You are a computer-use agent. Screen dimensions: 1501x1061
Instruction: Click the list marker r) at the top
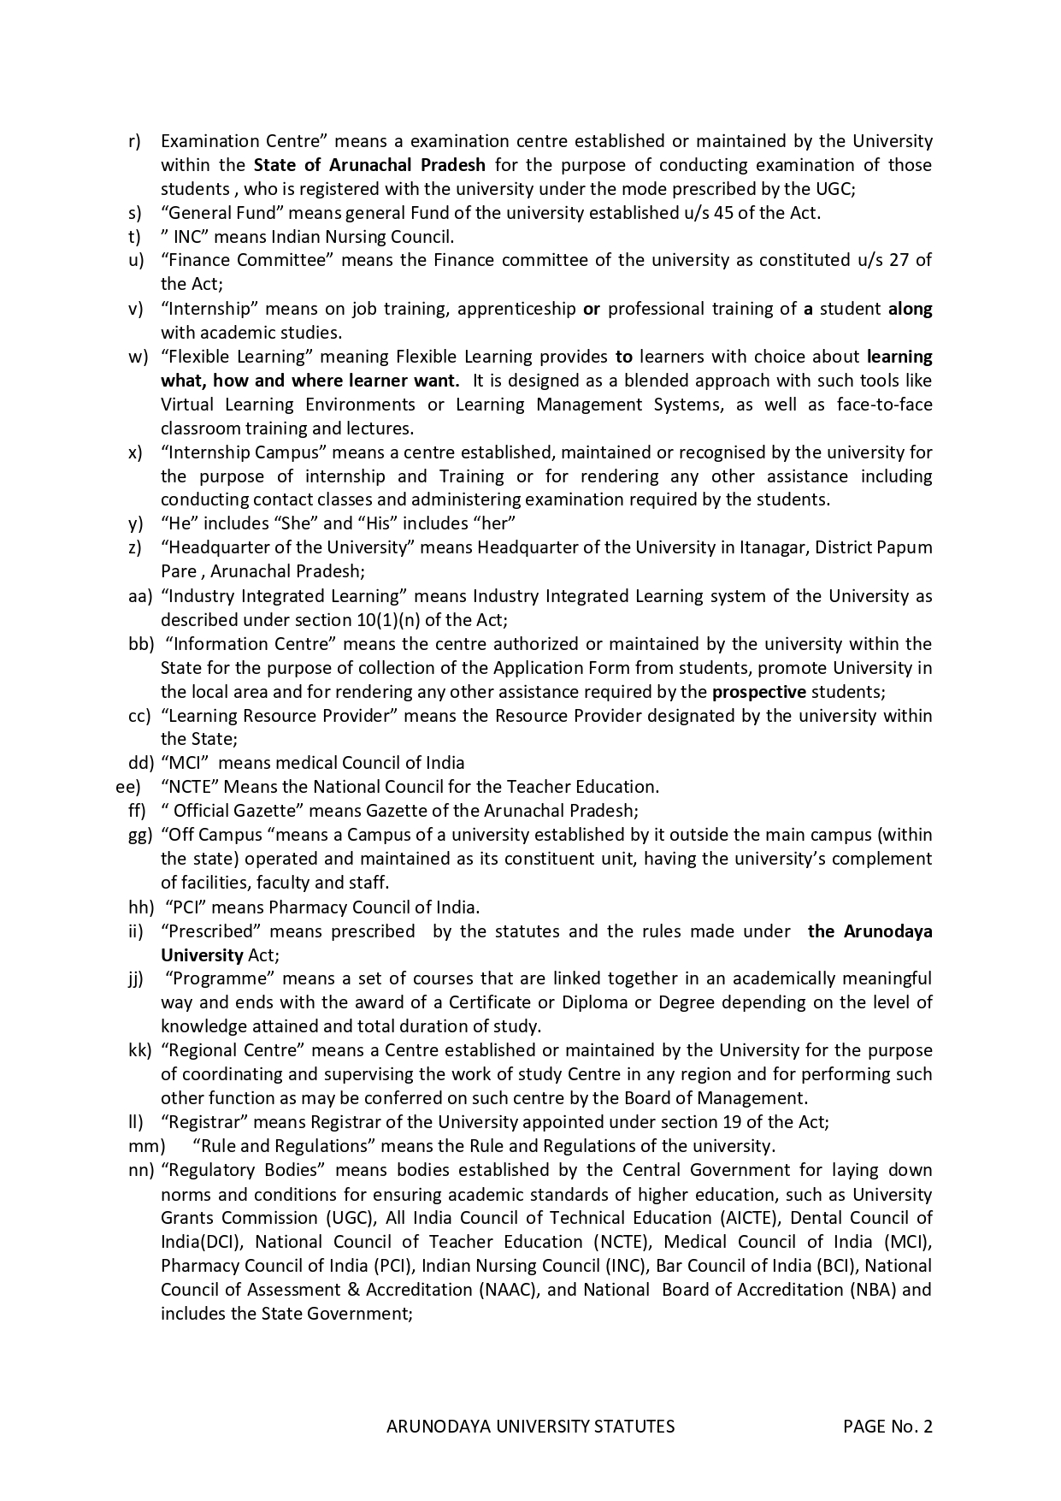[x=134, y=141]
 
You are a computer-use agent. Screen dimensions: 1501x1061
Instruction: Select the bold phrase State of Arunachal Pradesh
[x=369, y=165]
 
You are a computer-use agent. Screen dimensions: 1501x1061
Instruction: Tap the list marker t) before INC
[x=134, y=237]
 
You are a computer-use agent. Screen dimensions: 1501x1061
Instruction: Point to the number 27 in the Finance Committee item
[x=899, y=260]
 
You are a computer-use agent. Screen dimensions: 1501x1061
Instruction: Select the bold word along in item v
[x=910, y=309]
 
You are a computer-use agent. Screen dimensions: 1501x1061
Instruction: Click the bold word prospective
[x=758, y=692]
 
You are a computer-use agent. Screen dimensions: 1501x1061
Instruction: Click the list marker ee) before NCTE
[x=128, y=787]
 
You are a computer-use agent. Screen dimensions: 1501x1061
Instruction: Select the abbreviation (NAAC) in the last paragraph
[x=509, y=1290]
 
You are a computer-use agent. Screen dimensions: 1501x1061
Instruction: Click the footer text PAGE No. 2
[x=887, y=1427]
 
